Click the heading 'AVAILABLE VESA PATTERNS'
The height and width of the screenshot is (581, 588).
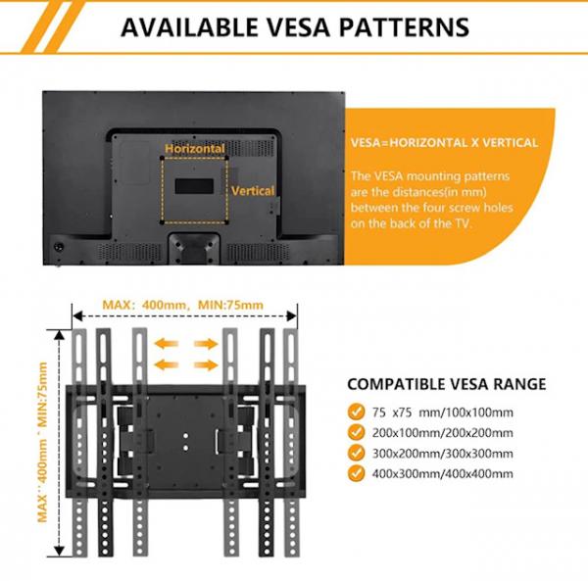294,26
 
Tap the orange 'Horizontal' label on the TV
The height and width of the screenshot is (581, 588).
195,149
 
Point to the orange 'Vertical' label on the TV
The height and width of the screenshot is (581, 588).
253,191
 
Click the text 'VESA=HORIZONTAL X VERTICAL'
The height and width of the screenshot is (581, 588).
444,142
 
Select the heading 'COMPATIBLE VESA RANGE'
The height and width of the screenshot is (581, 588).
447,384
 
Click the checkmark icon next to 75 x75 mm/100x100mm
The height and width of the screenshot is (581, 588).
353,412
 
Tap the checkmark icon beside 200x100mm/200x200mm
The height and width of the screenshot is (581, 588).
353,433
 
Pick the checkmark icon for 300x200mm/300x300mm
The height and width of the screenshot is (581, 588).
353,454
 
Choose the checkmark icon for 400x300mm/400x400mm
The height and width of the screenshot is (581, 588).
353,474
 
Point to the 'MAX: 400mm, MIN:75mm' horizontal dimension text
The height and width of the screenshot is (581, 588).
183,305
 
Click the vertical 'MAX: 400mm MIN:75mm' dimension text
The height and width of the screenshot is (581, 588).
42,442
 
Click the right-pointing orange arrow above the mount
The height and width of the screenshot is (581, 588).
205,344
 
